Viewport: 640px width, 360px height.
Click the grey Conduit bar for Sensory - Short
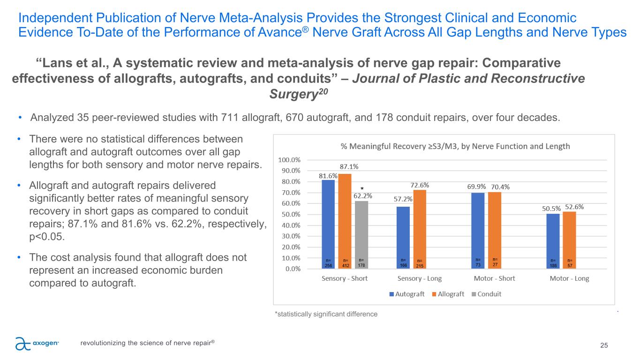point(361,234)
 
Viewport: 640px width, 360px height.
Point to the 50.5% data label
point(552,208)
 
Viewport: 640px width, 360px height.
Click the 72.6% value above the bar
point(420,185)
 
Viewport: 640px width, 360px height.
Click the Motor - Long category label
point(569,278)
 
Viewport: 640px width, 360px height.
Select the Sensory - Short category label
point(345,278)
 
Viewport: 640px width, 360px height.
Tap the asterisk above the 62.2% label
point(361,188)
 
